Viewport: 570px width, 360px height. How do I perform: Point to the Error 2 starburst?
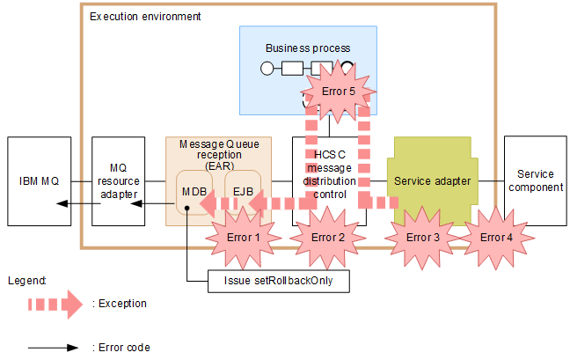(x=327, y=237)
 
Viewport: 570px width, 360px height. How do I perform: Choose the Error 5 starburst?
(x=339, y=91)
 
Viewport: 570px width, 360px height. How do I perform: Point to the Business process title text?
(x=308, y=48)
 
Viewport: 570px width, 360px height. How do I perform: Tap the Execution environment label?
(x=145, y=17)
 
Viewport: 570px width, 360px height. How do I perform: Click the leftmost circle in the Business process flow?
(x=267, y=69)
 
